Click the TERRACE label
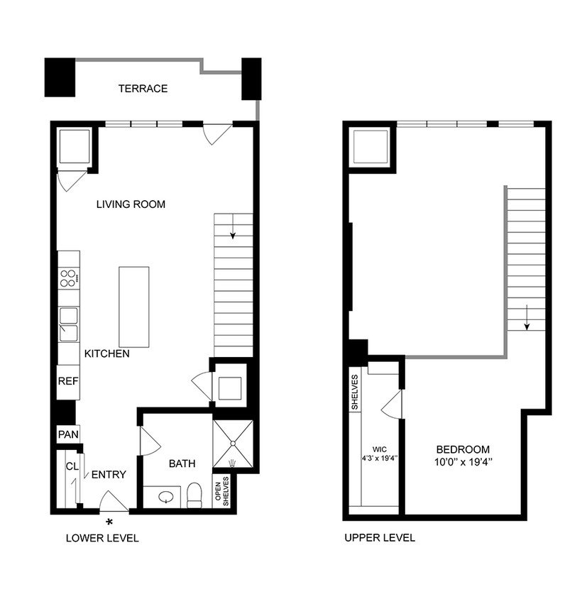(x=143, y=89)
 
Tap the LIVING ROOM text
(x=131, y=204)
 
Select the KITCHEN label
(x=106, y=353)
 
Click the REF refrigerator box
(x=68, y=381)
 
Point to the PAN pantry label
(x=67, y=434)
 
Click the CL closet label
(x=71, y=466)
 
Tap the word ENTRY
(x=109, y=475)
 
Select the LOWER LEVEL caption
(x=101, y=538)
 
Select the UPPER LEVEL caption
(x=380, y=538)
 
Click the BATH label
(x=182, y=463)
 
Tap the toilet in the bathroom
(x=194, y=495)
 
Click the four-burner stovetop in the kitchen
(x=68, y=279)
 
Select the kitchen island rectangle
(x=134, y=307)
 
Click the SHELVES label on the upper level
(x=355, y=392)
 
